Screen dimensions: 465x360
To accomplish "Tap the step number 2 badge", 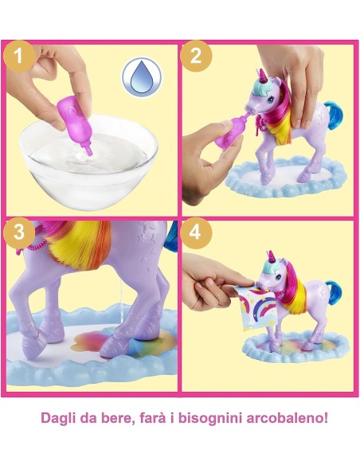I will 196,57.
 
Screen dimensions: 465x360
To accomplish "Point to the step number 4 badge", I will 196,235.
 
